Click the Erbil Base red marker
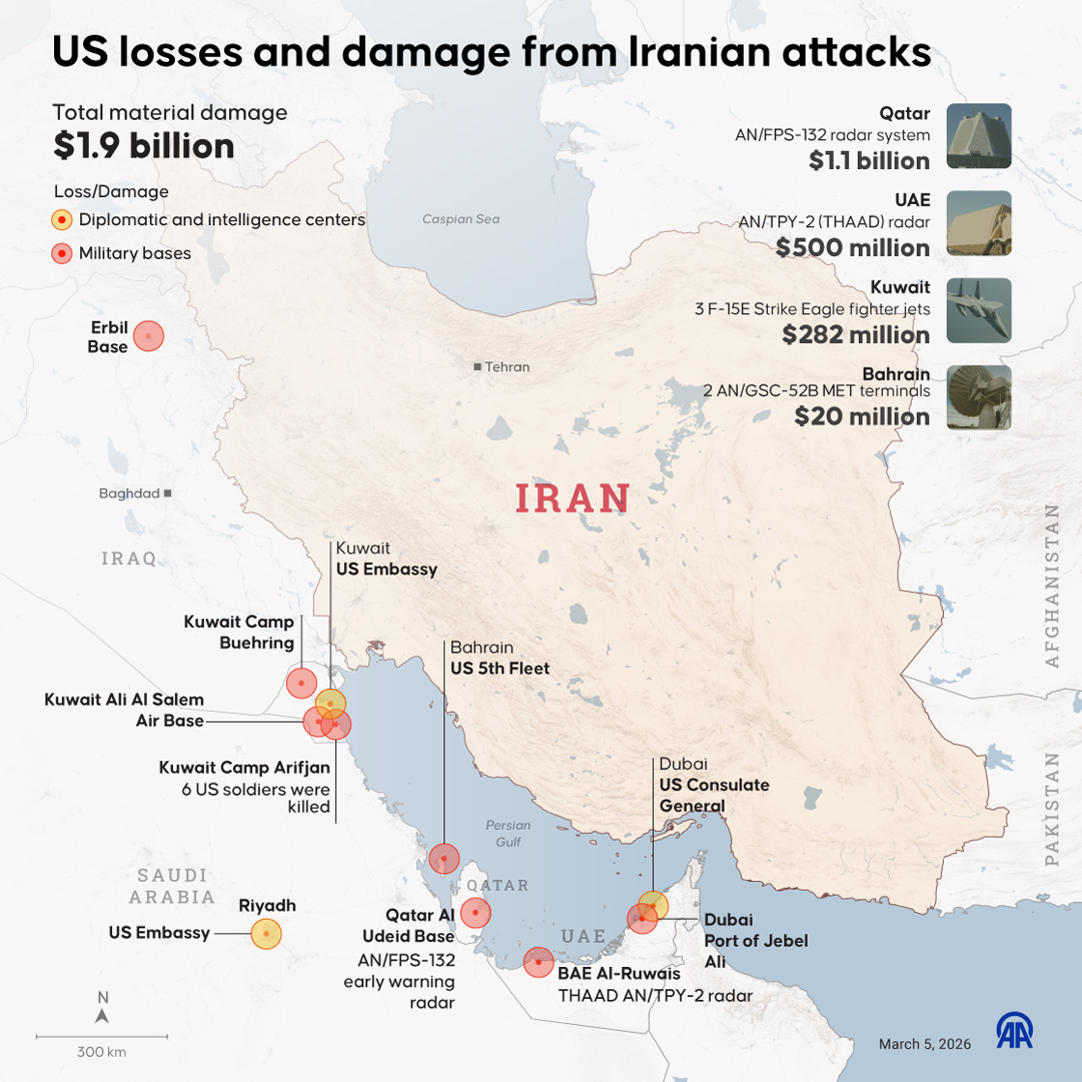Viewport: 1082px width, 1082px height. click(148, 336)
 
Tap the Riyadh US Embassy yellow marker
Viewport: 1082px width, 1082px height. click(266, 933)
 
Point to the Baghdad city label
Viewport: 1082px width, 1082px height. click(129, 494)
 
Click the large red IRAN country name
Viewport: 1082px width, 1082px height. click(573, 498)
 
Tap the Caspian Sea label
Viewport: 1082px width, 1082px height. click(461, 219)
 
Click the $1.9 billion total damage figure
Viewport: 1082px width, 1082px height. click(144, 146)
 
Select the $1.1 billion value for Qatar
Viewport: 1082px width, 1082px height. click(869, 160)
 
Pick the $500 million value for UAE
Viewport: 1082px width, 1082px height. click(853, 247)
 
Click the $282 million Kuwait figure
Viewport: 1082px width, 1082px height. click(856, 334)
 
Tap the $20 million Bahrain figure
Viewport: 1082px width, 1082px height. click(862, 416)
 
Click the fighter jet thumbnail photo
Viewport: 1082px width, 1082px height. click(979, 310)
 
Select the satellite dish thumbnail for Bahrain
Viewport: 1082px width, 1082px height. click(979, 397)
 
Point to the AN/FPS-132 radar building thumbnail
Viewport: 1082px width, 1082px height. click(979, 136)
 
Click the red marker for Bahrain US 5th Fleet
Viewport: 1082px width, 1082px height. click(443, 858)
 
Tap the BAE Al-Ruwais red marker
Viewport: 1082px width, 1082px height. click(538, 961)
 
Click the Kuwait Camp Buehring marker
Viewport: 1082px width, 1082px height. click(301, 683)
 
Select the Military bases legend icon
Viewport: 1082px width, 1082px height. click(62, 254)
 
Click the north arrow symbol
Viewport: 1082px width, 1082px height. click(102, 1015)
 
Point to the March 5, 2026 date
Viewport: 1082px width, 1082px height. click(925, 1043)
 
